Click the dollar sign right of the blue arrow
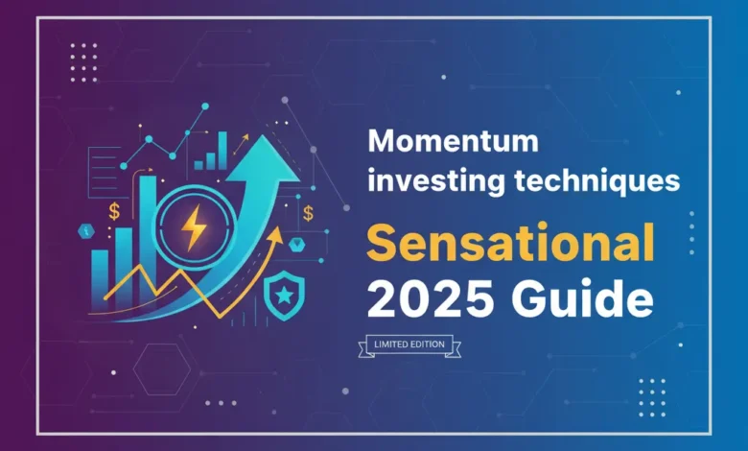point(308,213)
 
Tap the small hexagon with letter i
point(83,229)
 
